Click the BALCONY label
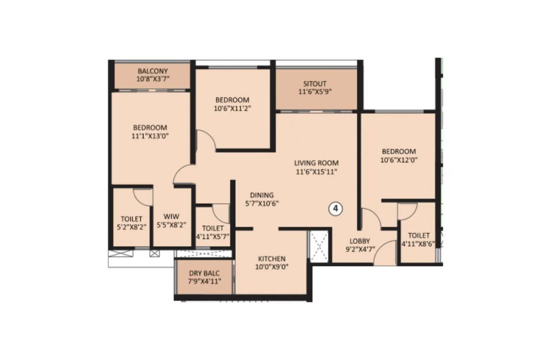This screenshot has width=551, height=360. (x=153, y=71)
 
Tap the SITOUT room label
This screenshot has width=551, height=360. (x=315, y=84)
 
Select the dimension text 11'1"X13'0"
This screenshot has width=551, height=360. (x=150, y=136)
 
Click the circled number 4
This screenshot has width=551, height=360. (x=335, y=209)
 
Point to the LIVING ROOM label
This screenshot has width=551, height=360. (x=316, y=163)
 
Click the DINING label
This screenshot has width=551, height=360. (x=262, y=195)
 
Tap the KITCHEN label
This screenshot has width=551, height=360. (x=272, y=259)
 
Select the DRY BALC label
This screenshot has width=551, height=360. (x=204, y=273)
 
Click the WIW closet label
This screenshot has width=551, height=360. (x=172, y=217)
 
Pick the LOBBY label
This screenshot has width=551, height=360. (x=360, y=241)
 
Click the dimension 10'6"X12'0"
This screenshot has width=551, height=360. (x=399, y=160)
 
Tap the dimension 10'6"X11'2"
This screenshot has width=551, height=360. (x=232, y=108)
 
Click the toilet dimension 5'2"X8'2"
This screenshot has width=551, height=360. (x=131, y=227)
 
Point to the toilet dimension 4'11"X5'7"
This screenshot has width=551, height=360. (x=212, y=236)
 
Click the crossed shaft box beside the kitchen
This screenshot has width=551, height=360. (x=318, y=247)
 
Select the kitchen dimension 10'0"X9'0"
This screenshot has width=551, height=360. (x=272, y=267)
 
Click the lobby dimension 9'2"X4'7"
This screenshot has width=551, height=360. (x=360, y=249)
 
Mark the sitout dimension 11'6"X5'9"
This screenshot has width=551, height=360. (x=315, y=92)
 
